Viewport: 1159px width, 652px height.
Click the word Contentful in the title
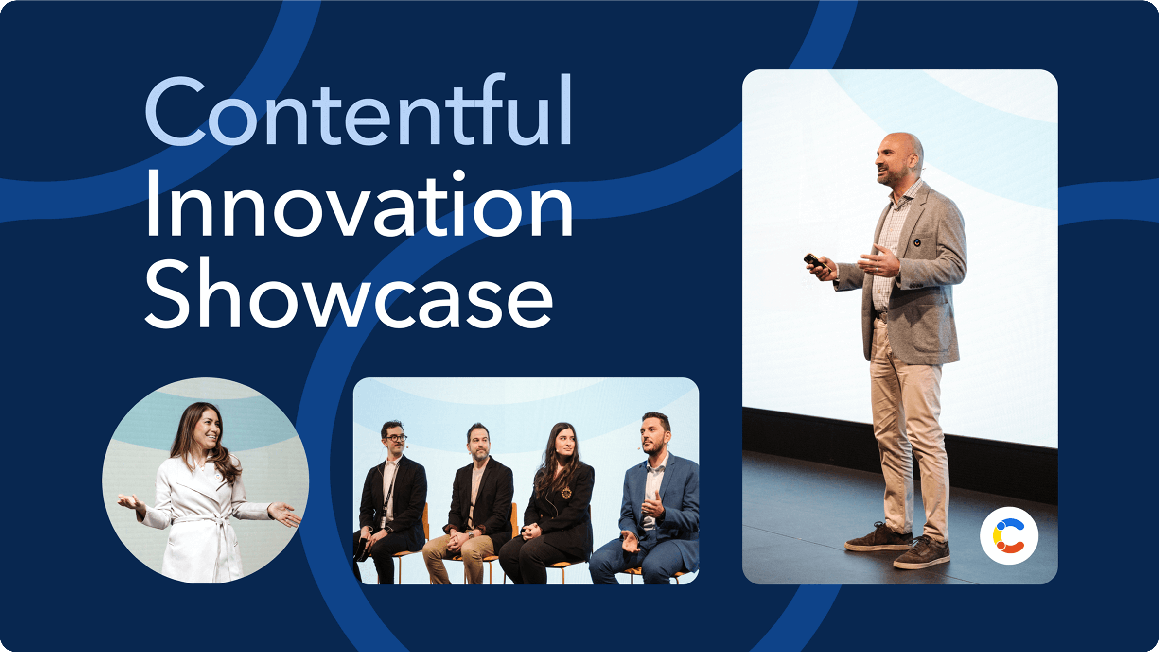[359, 110]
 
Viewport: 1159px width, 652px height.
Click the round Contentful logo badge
[1009, 536]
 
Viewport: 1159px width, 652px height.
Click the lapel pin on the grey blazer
[916, 241]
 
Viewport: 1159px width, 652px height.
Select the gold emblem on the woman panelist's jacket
[565, 493]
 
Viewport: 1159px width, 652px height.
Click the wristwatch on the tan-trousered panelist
[471, 534]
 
